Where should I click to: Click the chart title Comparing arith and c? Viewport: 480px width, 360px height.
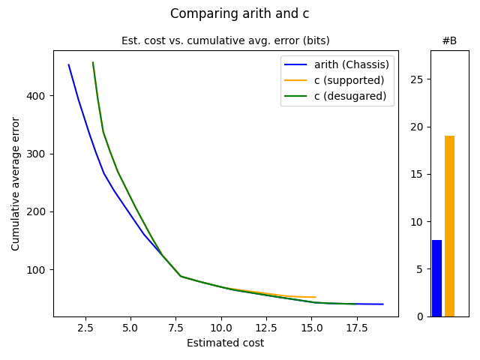[239, 13]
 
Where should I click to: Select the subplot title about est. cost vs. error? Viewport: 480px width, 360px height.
[225, 40]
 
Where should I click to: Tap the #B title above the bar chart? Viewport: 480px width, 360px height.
[449, 40]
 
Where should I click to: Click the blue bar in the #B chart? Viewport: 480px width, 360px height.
[436, 278]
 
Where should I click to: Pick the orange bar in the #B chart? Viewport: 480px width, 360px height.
[449, 226]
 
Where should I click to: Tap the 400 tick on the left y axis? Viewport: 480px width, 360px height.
[39, 96]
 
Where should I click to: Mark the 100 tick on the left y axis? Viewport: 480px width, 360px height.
[39, 269]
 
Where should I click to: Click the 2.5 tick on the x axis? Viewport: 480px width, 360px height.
[85, 328]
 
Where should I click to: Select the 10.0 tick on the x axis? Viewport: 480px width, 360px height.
[220, 328]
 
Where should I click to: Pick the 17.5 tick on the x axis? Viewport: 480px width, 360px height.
[356, 328]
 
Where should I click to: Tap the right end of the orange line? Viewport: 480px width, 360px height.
[316, 297]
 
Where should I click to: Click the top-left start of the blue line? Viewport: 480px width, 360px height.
[68, 64]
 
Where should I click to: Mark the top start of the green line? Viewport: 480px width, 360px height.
[93, 62]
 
